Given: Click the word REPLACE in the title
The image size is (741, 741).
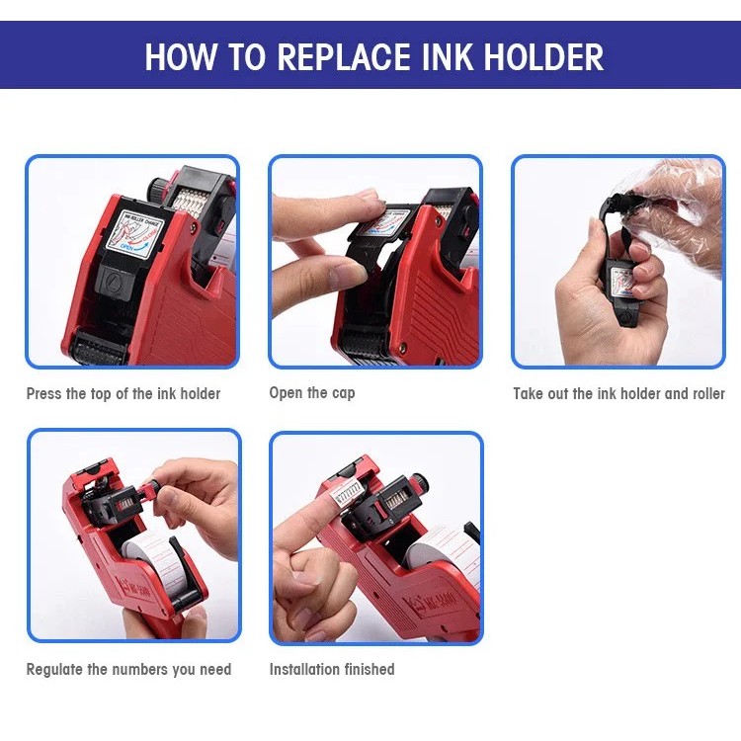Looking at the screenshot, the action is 344,57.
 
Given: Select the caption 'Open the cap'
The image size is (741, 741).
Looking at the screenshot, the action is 312,393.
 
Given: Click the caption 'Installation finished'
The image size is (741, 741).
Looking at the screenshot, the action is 332,669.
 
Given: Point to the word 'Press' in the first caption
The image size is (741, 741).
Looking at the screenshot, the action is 42,393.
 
